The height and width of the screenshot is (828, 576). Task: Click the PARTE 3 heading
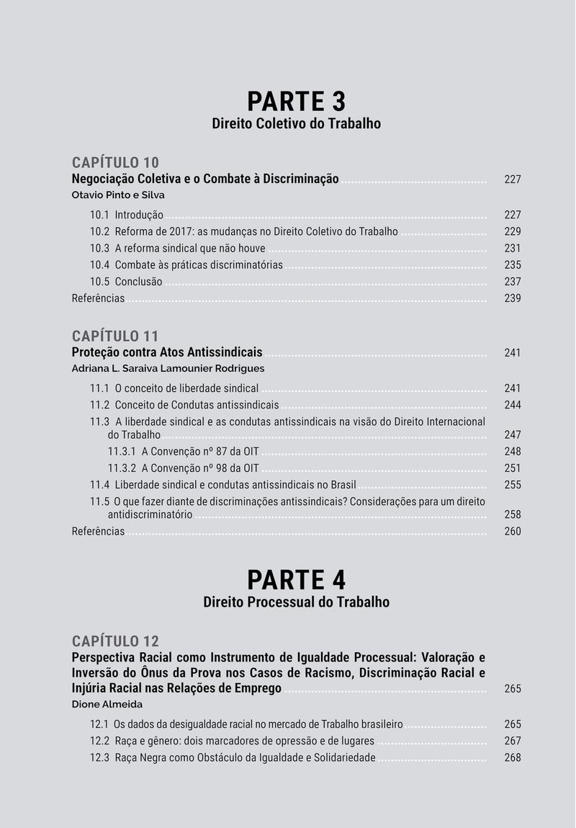(296, 102)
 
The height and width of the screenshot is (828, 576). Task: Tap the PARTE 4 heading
(296, 580)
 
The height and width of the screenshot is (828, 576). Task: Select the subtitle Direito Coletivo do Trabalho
(296, 124)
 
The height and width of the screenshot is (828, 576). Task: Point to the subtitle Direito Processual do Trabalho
(296, 602)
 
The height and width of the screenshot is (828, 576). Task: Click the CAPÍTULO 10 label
(115, 162)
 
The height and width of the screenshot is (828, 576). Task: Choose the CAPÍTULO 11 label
(115, 336)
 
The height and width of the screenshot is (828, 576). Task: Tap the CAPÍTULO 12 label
(115, 641)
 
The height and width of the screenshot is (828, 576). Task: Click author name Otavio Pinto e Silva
(119, 195)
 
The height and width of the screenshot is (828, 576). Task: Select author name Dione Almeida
(107, 704)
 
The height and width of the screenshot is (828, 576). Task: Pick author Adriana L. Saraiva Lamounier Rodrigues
(168, 368)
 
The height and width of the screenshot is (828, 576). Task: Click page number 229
(512, 232)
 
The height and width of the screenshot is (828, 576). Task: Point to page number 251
(512, 468)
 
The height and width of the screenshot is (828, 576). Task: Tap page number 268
(512, 758)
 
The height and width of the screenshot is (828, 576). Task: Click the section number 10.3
(99, 249)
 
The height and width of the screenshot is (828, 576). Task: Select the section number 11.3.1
(122, 452)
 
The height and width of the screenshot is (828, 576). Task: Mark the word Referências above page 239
(98, 298)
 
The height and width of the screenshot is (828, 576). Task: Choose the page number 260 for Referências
(512, 532)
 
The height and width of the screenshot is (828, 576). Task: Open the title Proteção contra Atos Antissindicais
(167, 352)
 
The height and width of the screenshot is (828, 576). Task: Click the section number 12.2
(99, 742)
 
